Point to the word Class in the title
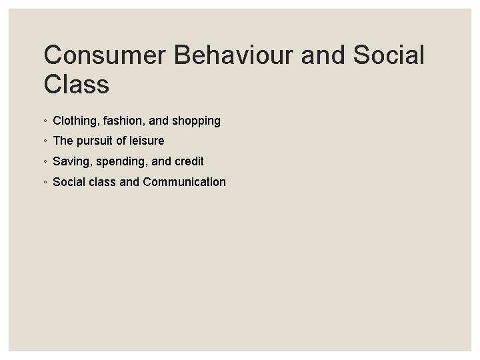coord(75,85)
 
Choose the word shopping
coord(195,121)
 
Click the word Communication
coord(184,182)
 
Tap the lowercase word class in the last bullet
coord(102,182)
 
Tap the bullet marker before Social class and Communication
coord(44,183)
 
